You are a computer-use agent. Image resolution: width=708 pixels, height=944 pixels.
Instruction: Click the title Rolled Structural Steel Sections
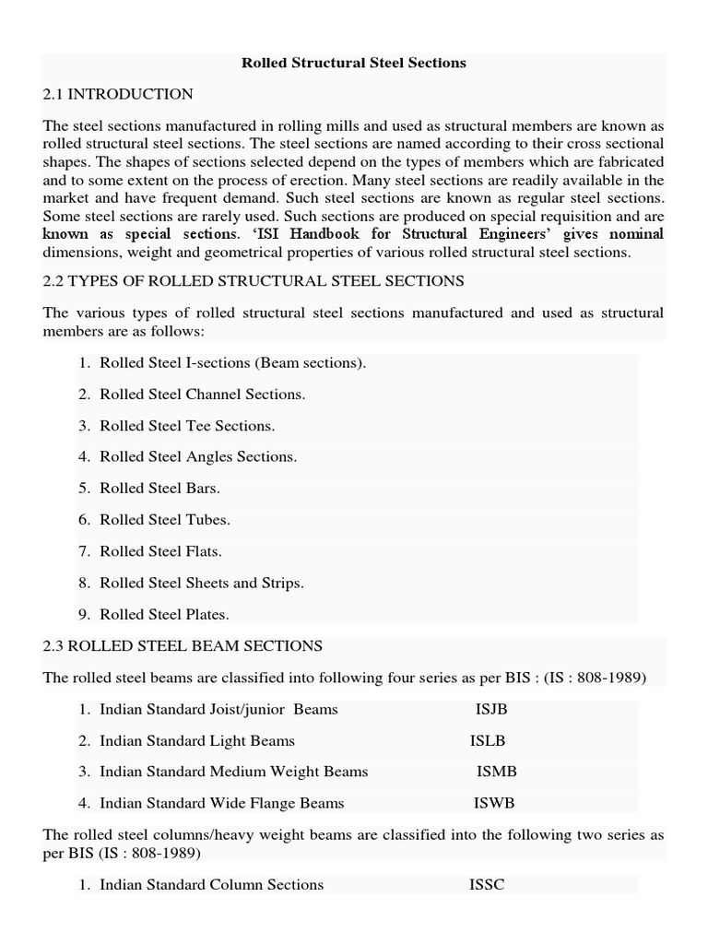coord(353,63)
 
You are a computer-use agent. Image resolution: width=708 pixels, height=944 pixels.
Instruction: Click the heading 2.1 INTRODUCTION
coord(118,94)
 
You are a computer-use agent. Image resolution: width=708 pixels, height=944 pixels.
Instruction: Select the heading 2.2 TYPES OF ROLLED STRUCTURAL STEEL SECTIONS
coord(254,280)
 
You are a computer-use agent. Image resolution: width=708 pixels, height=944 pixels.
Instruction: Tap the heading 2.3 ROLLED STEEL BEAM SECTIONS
coord(183,646)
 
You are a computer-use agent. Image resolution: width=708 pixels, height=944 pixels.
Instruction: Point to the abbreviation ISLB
coord(488,740)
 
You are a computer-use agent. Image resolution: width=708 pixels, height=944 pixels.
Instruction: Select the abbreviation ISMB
coord(496,772)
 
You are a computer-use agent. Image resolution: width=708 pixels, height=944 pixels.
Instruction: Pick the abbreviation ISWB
coord(495,803)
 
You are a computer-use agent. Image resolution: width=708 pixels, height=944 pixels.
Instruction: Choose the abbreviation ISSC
coord(487,884)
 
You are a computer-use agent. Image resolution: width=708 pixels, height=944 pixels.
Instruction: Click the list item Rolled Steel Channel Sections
coord(202,395)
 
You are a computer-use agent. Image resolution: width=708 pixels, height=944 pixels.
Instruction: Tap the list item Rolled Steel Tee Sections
coord(187,426)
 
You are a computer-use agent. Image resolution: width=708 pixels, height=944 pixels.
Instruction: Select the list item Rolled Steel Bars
coord(159,489)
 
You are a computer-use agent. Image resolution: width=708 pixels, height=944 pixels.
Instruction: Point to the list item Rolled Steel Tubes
coord(165,520)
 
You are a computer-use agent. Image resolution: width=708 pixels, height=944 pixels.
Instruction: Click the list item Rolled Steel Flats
coord(160,551)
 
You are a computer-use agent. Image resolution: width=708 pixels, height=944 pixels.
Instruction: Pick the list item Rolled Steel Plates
coord(164,614)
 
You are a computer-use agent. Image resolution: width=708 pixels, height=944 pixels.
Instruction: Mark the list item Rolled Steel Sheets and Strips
coord(201,583)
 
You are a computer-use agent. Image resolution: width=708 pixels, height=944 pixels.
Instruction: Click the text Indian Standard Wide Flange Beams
coord(221,803)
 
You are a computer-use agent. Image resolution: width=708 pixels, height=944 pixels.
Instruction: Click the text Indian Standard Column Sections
coord(211,884)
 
